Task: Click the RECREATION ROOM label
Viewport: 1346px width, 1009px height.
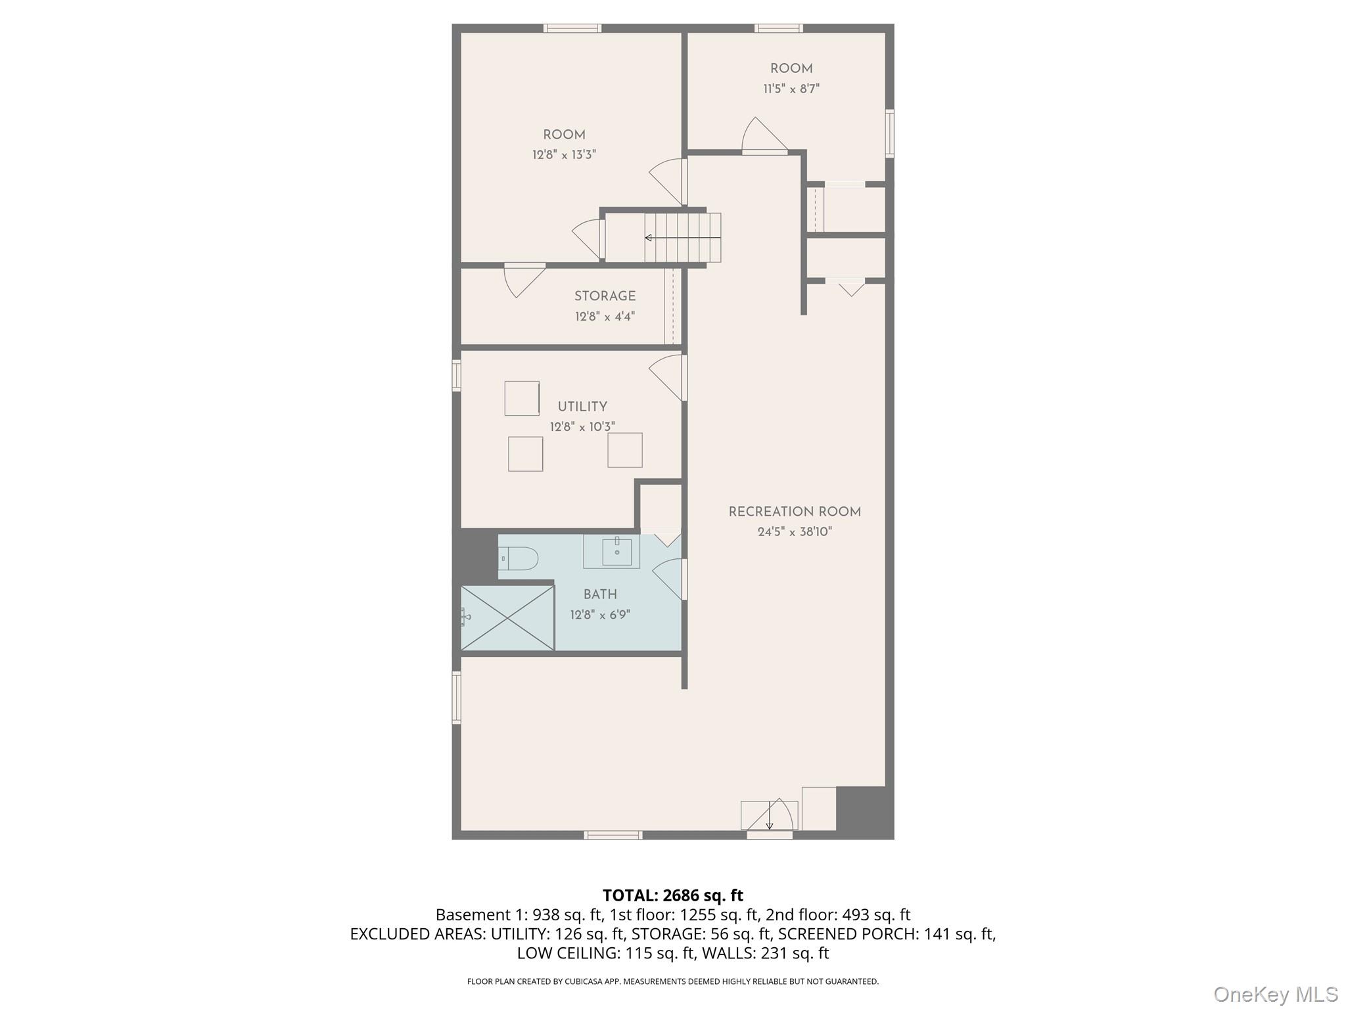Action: coord(795,512)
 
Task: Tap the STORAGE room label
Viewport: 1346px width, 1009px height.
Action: coord(605,296)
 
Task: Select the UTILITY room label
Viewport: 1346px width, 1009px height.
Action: coord(582,407)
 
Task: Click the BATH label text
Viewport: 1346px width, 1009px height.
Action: coord(600,594)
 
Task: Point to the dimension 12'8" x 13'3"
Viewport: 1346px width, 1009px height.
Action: coord(564,155)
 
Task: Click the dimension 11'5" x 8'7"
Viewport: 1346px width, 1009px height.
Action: coord(791,89)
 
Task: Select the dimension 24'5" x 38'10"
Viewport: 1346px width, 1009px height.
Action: coord(795,532)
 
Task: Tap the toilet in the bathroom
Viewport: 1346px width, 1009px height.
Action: coord(519,559)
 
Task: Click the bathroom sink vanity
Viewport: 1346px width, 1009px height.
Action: coord(611,551)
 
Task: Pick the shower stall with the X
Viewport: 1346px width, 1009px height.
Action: coord(507,618)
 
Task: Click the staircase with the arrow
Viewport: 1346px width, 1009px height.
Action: coord(682,237)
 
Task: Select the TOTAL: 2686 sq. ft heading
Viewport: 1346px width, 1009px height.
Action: coord(673,895)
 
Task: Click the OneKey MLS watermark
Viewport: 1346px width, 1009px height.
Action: coord(1276,994)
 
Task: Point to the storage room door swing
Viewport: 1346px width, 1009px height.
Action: coord(524,280)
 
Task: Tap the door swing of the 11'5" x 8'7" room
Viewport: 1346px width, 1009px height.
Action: coord(764,136)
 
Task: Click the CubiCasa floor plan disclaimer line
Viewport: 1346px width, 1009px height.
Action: coord(673,981)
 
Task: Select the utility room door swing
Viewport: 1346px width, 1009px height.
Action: coord(667,378)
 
